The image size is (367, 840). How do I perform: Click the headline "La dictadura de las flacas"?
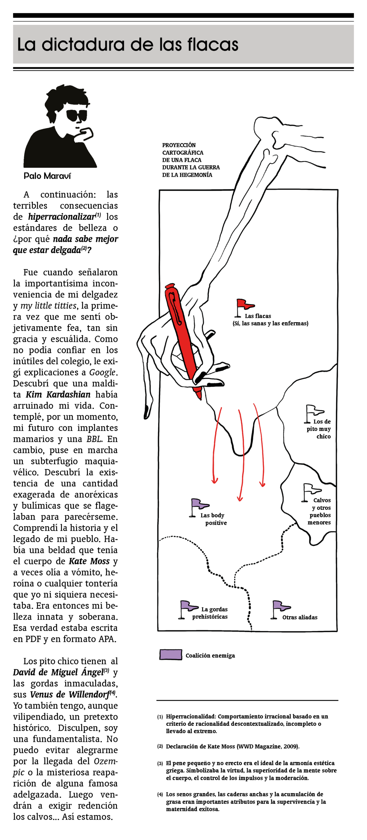pos(127,44)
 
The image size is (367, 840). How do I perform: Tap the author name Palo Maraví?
pos(47,176)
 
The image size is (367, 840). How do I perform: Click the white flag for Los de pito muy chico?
pos(314,414)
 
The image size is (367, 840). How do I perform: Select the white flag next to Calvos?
pos(311,493)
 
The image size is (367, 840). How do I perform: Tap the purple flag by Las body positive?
pos(199,508)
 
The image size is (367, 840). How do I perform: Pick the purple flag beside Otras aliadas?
pos(281,610)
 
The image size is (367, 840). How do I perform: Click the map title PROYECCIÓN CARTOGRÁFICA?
pos(183,149)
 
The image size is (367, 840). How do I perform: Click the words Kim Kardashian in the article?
pos(58,394)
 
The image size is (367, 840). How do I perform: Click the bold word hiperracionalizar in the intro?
pos(61,217)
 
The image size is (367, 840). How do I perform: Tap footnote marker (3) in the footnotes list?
pos(160,764)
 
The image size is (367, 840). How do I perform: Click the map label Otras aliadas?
pos(300,617)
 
